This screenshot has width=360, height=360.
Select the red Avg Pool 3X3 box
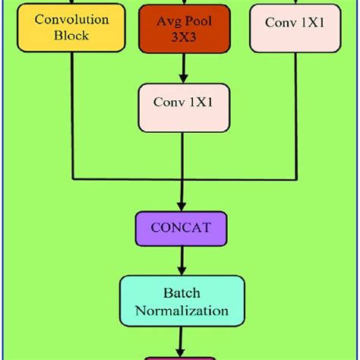[x=182, y=27]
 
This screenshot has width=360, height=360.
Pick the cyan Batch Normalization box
[x=182, y=300]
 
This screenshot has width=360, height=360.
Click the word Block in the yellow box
[x=71, y=35]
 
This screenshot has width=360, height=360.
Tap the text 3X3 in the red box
[x=182, y=35]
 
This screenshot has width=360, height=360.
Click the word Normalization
[x=182, y=310]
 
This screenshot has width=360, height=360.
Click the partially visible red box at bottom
[x=182, y=356]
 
